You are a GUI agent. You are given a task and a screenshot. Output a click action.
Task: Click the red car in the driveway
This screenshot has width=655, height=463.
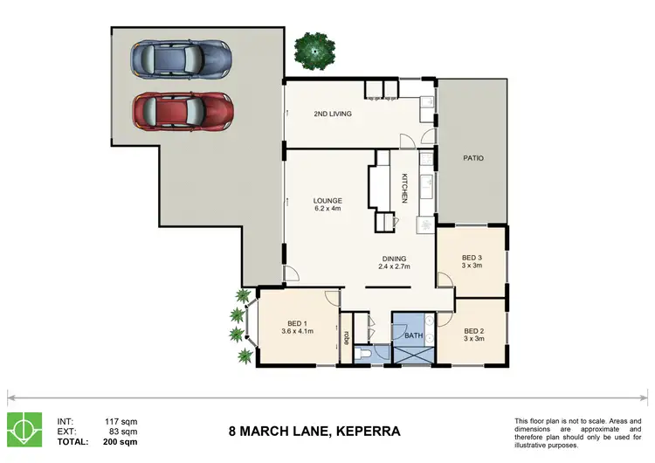(183, 112)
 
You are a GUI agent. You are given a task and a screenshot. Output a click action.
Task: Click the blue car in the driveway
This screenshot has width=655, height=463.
(182, 59)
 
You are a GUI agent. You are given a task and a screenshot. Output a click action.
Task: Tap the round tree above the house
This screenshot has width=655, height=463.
(314, 51)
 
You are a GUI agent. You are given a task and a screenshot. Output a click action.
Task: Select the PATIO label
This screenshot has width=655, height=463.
(473, 158)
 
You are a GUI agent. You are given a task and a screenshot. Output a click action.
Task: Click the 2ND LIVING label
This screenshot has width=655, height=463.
(333, 114)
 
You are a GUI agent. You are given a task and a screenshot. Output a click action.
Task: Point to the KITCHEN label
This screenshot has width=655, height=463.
(404, 188)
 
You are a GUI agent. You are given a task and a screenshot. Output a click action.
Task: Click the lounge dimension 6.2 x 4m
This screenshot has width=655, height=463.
(327, 208)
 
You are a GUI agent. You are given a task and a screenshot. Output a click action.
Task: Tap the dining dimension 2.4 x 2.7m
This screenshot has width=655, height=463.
(394, 266)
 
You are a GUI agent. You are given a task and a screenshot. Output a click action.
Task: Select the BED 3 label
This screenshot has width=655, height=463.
(472, 258)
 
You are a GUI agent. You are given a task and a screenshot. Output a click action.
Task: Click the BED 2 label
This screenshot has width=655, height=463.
(473, 331)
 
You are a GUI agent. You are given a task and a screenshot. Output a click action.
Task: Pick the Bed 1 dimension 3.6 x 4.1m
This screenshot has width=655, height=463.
(298, 331)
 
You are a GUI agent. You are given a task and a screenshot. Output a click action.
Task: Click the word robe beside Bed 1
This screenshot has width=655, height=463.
(347, 337)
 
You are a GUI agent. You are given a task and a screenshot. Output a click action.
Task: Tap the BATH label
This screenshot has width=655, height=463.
(414, 335)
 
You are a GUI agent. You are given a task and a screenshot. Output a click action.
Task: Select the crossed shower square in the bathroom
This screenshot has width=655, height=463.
(414, 356)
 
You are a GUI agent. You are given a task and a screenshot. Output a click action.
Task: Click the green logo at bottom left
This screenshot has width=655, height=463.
(24, 430)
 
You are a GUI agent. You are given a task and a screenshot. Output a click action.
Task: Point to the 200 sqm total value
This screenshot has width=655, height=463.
(120, 442)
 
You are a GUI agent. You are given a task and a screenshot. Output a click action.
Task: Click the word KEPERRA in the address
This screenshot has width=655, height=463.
(368, 431)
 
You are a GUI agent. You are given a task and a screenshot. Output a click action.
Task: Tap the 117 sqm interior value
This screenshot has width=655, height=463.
(121, 422)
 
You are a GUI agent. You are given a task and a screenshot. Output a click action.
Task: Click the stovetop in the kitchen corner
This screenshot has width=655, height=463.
(425, 225)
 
